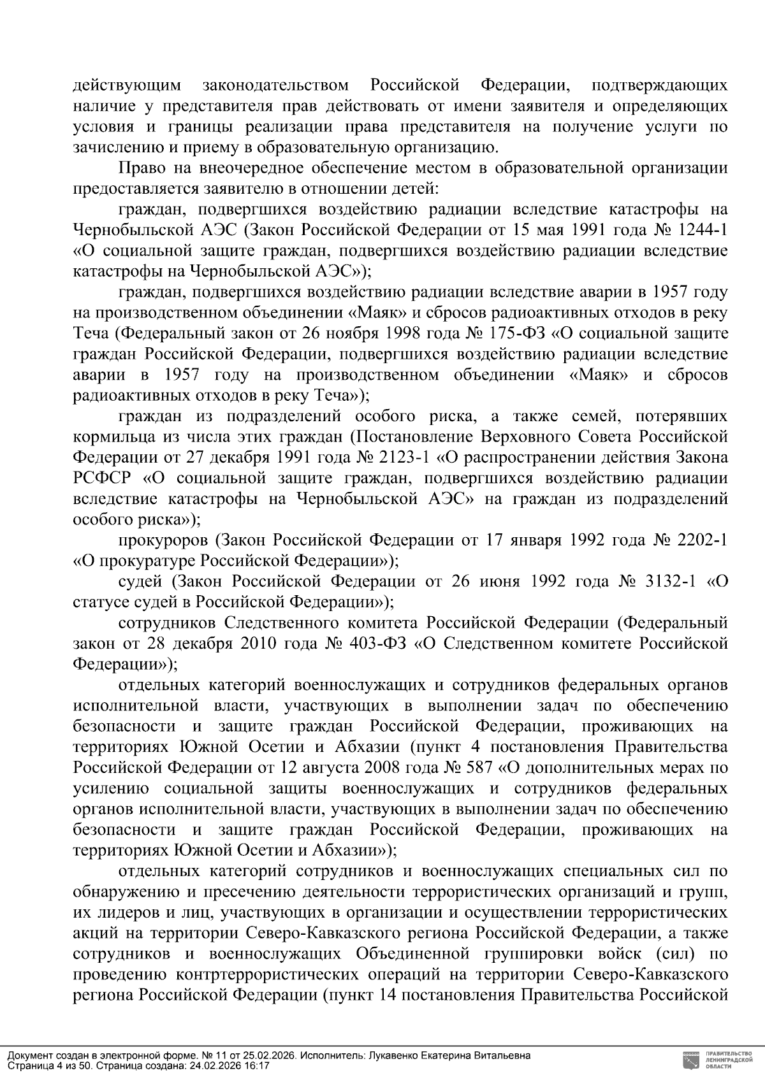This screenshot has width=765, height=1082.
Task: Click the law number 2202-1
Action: coord(701,540)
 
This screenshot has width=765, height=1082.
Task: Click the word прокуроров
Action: coord(163,540)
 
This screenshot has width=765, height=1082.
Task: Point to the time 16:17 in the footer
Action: coord(258,1065)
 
